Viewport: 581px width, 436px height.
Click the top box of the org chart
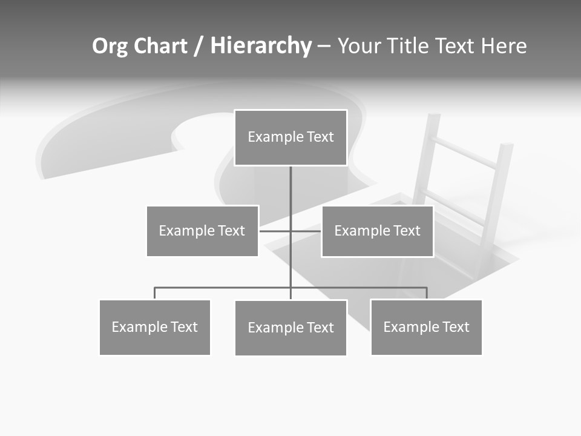click(290, 137)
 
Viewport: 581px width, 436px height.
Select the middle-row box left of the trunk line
click(202, 231)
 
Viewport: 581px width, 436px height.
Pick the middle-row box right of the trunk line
click(377, 231)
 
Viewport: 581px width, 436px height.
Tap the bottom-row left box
click(155, 327)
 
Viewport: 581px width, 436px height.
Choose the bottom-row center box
click(290, 328)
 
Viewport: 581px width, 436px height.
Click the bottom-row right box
click(426, 327)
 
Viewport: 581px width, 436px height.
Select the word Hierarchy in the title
click(260, 46)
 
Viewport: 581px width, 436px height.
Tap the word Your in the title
click(359, 46)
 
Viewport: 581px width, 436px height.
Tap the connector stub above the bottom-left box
click(155, 293)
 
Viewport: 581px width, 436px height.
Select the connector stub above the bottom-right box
click(427, 293)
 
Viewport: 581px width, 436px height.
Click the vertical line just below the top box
click(290, 182)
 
